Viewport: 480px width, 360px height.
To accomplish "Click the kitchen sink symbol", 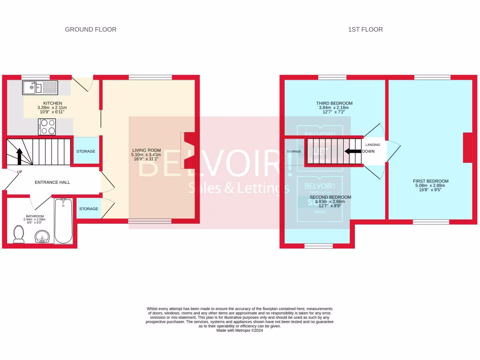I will click(39, 87).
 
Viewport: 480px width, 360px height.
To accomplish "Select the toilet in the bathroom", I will click(19, 234).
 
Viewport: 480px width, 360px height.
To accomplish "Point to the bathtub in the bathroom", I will click(63, 221).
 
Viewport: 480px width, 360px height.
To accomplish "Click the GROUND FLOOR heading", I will click(90, 30).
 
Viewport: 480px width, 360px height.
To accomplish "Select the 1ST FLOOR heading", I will click(365, 30).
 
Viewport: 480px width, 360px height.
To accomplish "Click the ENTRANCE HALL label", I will click(52, 182).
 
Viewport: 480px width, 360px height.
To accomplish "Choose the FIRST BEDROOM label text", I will click(430, 181).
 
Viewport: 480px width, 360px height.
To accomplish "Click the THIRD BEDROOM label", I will click(334, 103).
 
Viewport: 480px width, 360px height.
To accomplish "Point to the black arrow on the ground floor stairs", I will click(19, 157).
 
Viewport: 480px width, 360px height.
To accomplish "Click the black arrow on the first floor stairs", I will click(353, 151).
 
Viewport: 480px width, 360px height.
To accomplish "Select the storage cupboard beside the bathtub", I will click(89, 209).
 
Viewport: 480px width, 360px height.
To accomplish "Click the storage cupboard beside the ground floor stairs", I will click(86, 151).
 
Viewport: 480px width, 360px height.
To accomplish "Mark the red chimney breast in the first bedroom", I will click(467, 148).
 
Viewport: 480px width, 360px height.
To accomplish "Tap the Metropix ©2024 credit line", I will click(240, 330).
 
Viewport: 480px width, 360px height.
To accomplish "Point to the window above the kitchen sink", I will click(36, 77).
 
